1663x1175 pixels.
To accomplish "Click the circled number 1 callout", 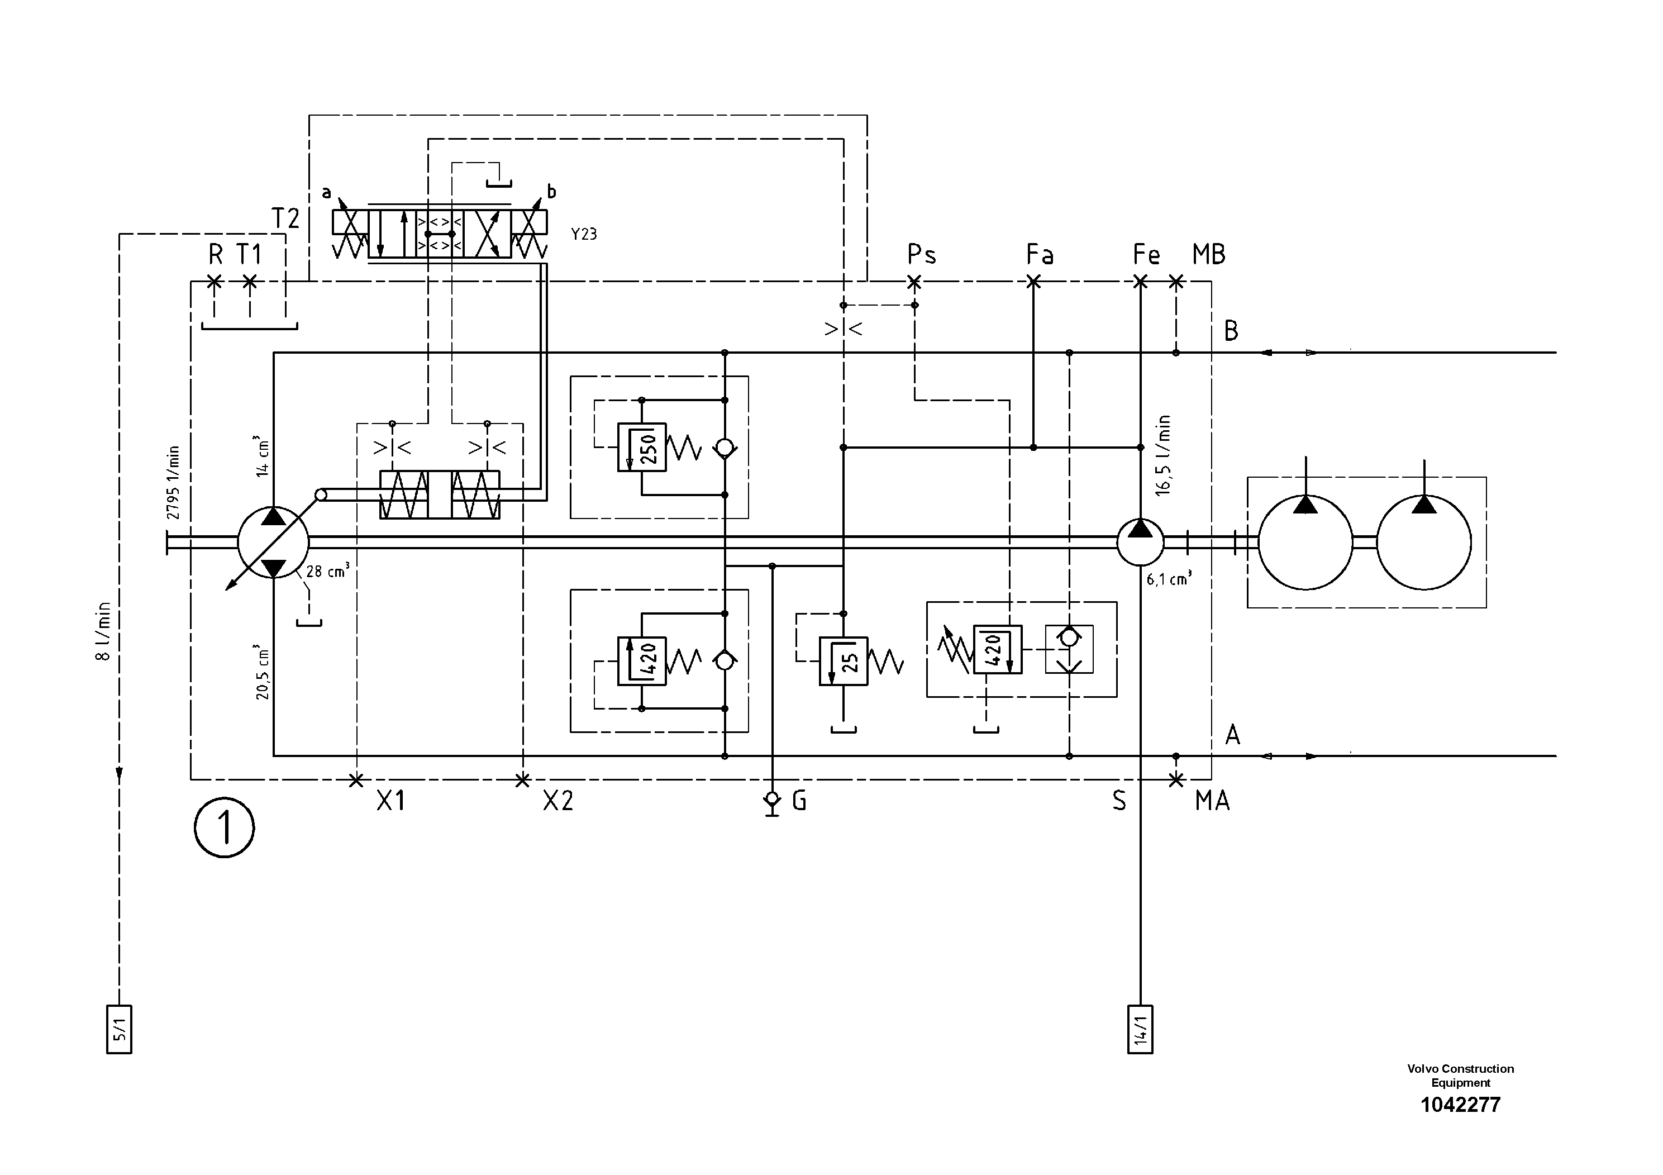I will [x=224, y=827].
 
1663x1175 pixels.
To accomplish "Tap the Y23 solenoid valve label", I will [x=583, y=234].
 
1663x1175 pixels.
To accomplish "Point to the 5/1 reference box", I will [x=119, y=1029].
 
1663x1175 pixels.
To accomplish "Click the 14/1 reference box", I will [x=1140, y=1029].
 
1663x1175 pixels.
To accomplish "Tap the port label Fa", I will [x=1040, y=255].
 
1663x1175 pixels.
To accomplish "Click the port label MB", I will [x=1208, y=255].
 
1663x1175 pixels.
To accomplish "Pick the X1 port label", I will [x=391, y=801].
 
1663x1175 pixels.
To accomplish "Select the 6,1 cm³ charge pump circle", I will [x=1140, y=542].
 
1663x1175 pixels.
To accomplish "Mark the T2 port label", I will [x=285, y=218].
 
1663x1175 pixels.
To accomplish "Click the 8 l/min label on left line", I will [x=103, y=630].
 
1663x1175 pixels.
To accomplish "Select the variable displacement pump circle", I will [x=273, y=542].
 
